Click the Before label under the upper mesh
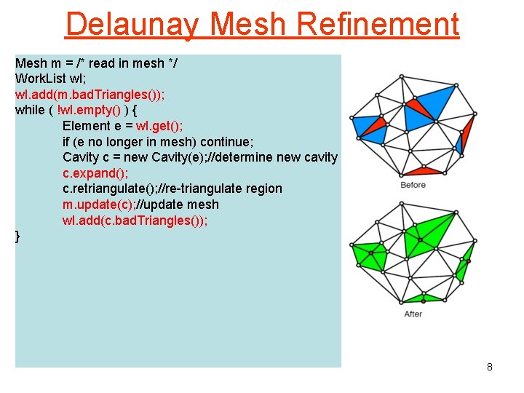click(x=413, y=186)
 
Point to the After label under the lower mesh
click(x=413, y=314)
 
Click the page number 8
click(x=490, y=367)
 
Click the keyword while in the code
click(x=30, y=110)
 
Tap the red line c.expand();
click(x=95, y=173)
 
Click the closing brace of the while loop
click(x=18, y=236)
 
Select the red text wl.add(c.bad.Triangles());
click(x=135, y=221)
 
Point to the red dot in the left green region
click(x=370, y=253)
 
